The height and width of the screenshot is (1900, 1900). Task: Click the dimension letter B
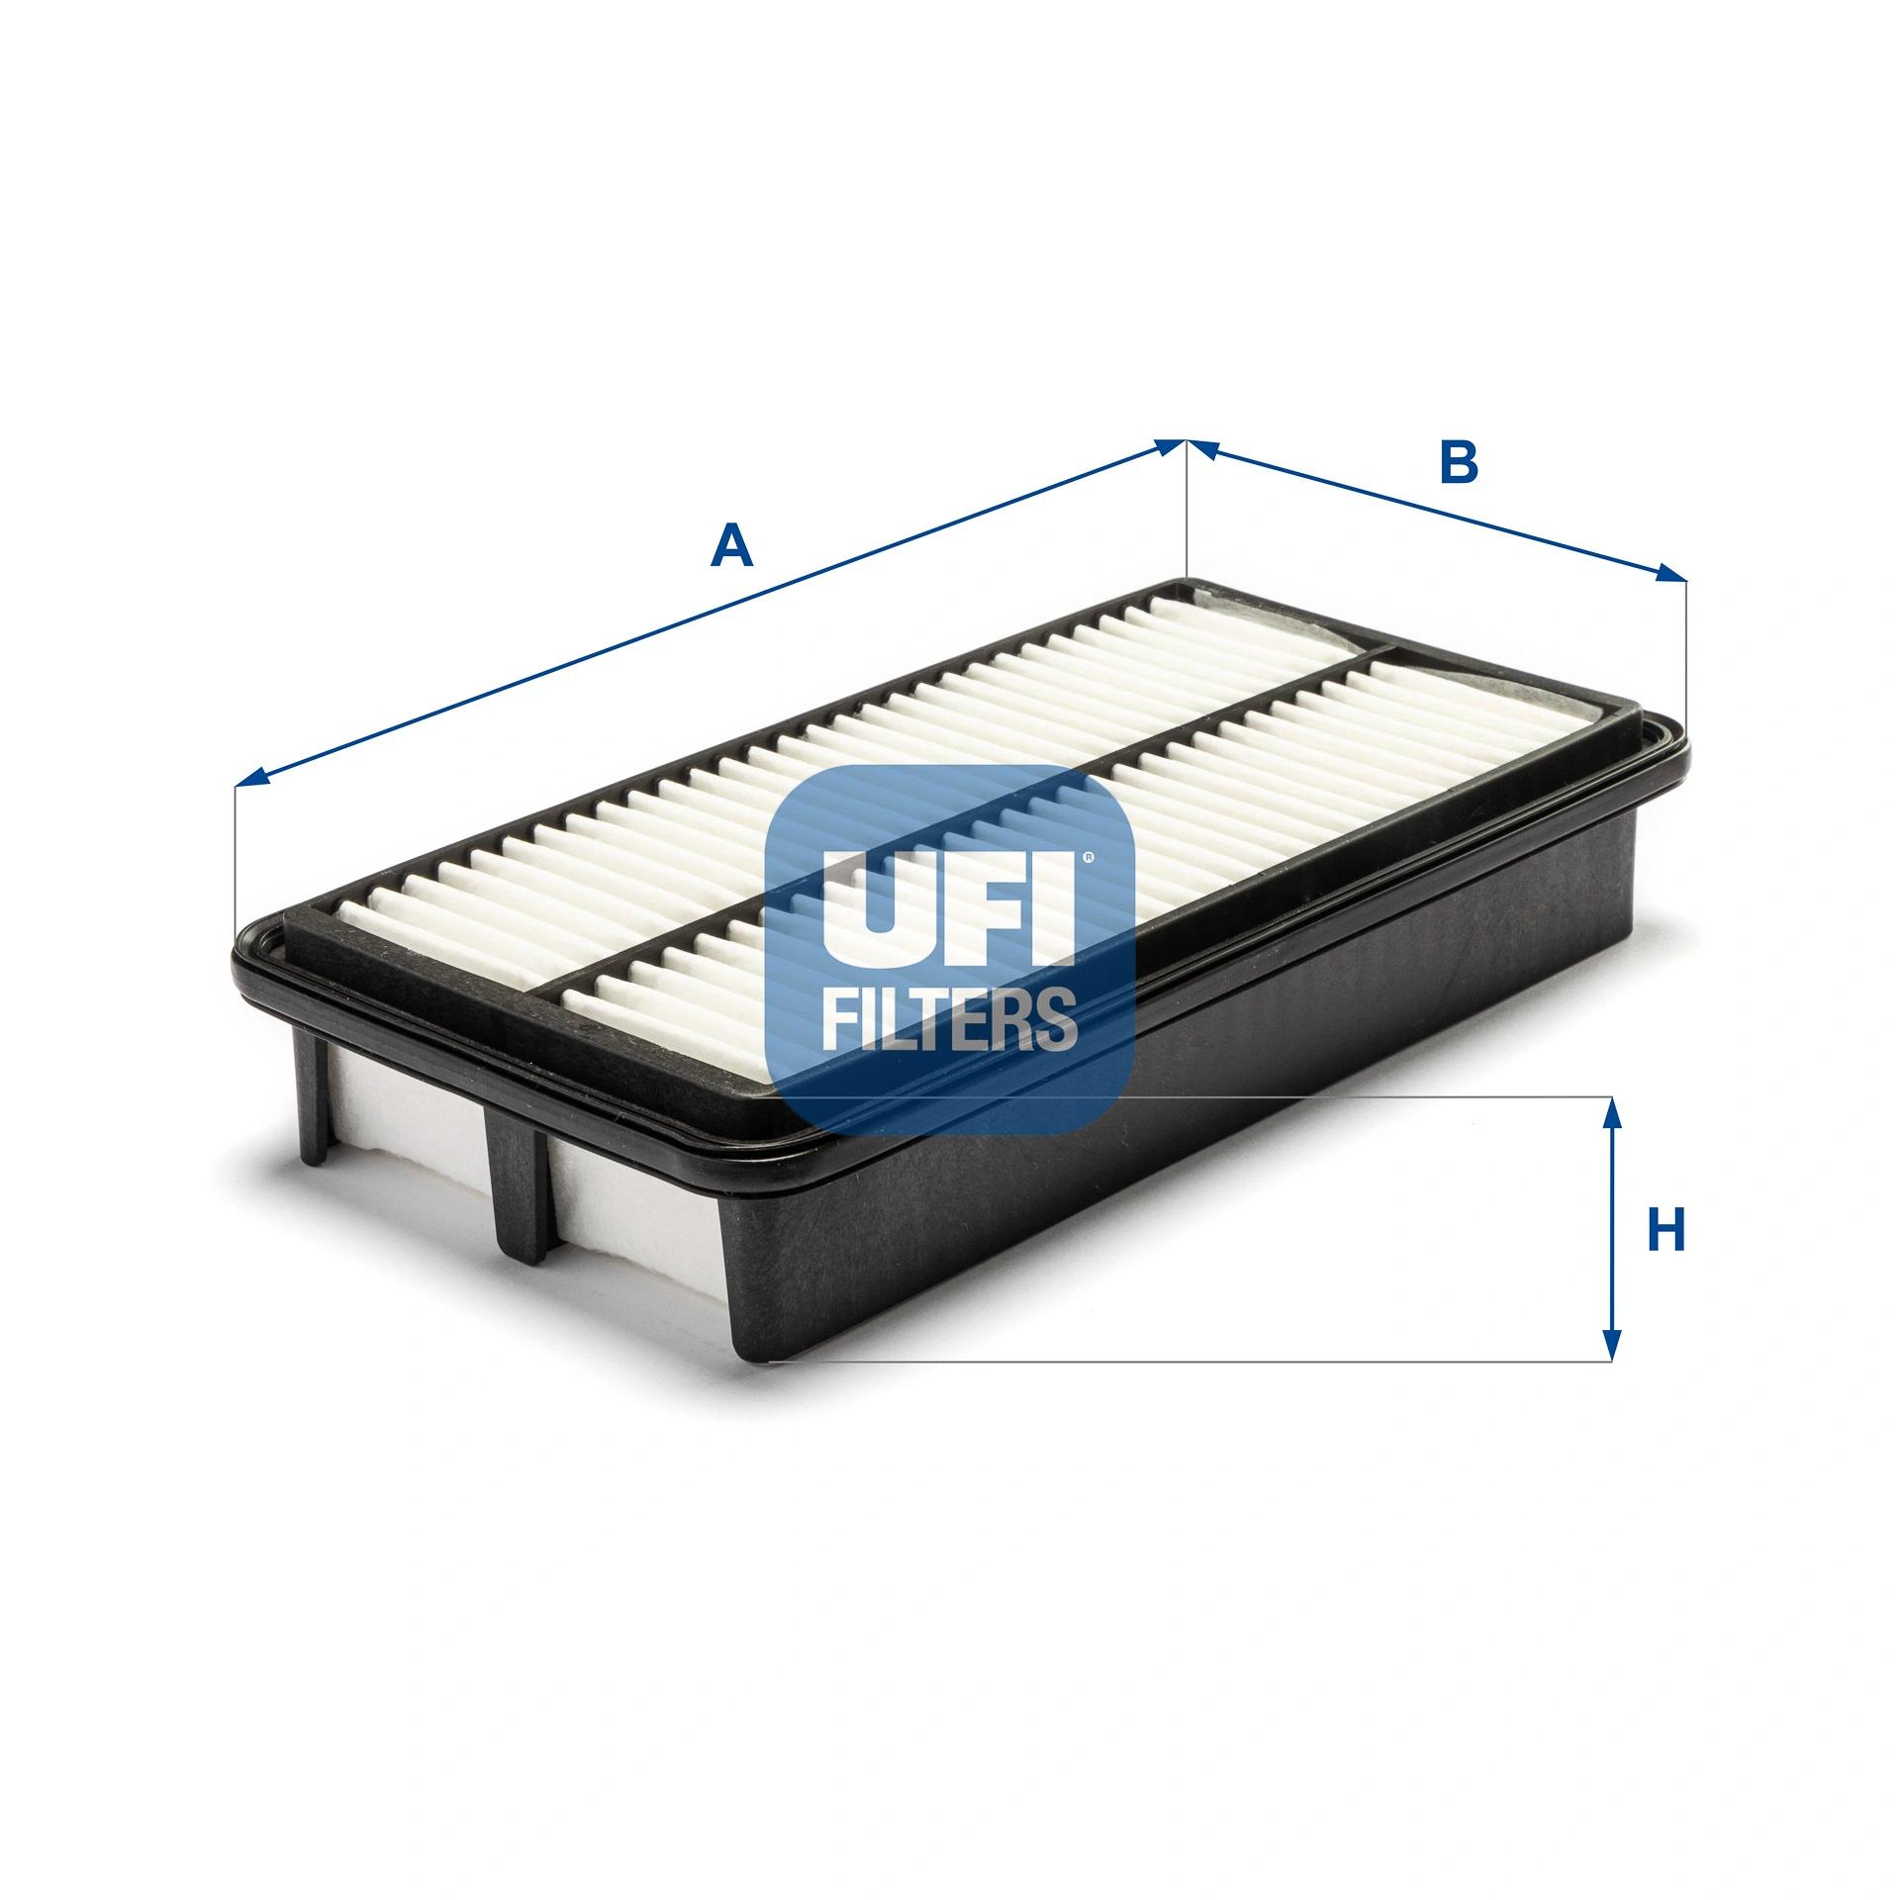[x=1459, y=462]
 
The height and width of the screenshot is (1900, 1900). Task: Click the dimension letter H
[x=1666, y=1231]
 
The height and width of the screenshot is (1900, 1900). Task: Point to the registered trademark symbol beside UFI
[x=1088, y=858]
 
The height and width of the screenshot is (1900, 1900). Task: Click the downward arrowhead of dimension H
[x=1612, y=1343]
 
